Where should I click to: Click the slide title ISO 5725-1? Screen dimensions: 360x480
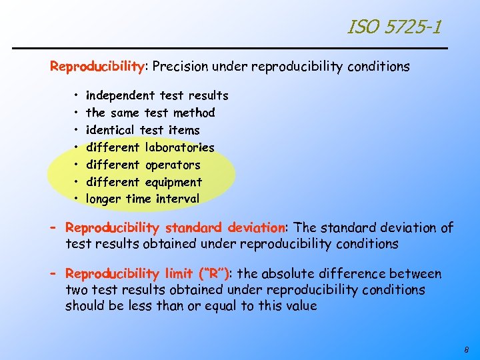[x=393, y=27]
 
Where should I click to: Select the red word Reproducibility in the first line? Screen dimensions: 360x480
[x=97, y=67]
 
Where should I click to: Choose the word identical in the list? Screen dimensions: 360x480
[x=111, y=130]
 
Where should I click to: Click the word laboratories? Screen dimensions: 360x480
[x=179, y=147]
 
